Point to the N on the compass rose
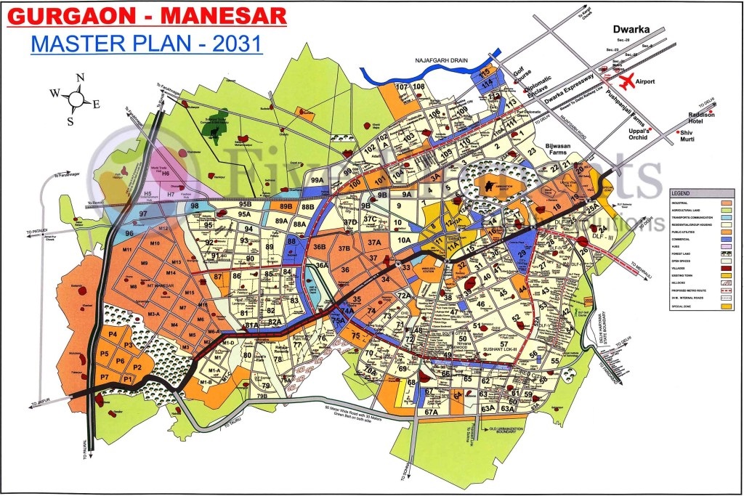point(81,78)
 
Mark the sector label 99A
point(316,179)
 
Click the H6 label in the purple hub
point(166,174)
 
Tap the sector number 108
point(418,87)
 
